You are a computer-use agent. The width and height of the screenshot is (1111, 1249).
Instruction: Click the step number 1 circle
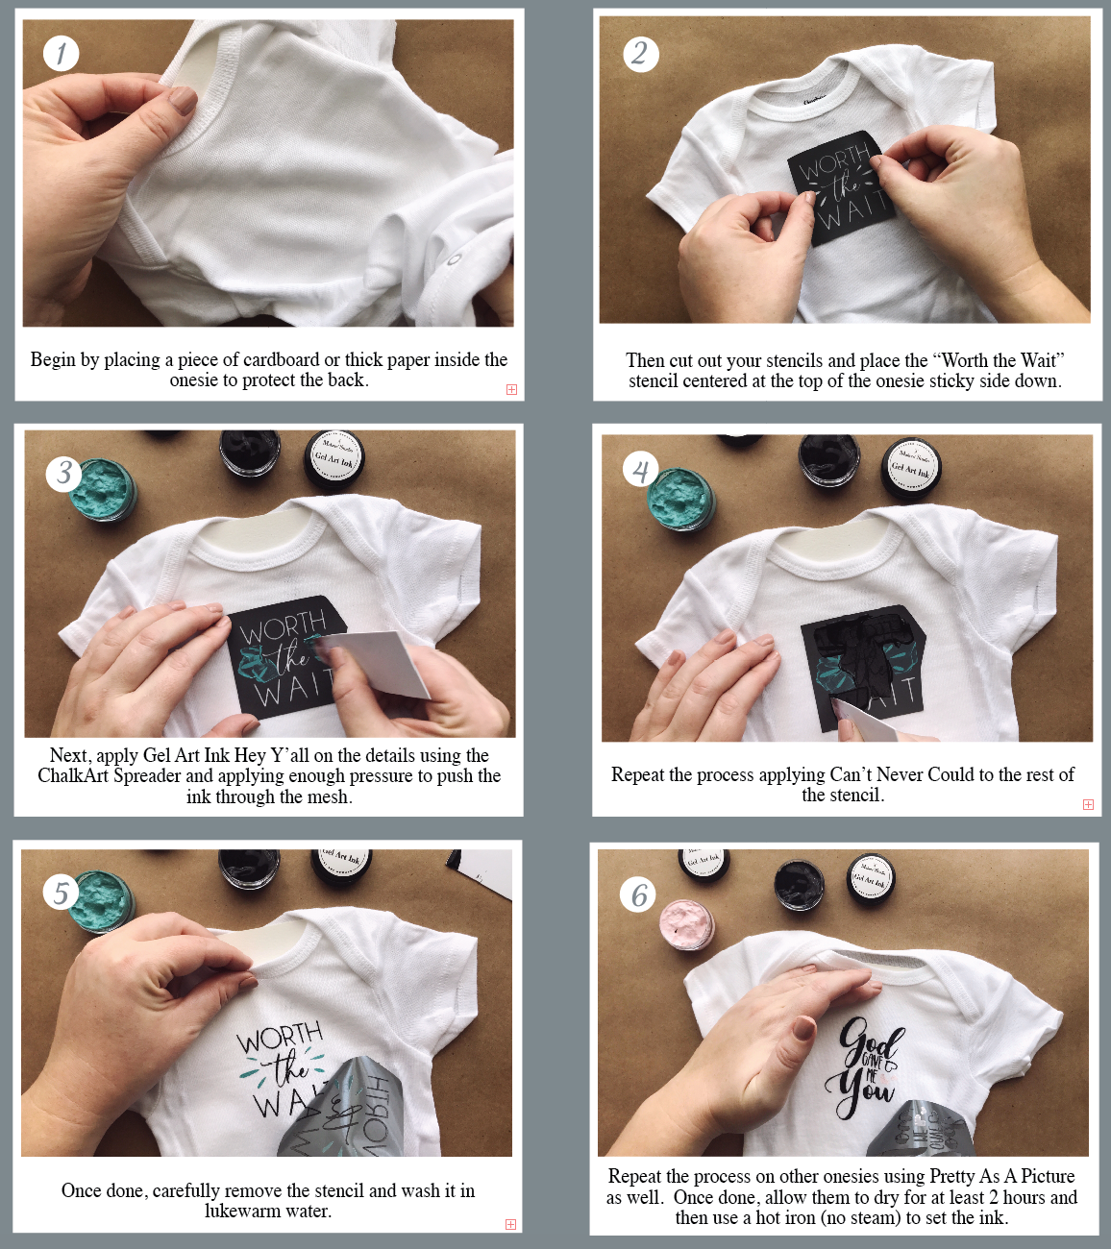pyautogui.click(x=61, y=53)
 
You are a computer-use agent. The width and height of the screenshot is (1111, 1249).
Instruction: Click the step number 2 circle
pyautogui.click(x=640, y=53)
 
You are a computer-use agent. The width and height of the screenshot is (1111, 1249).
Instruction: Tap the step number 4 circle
pyautogui.click(x=640, y=471)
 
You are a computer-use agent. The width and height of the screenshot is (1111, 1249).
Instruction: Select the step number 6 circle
pyautogui.click(x=638, y=895)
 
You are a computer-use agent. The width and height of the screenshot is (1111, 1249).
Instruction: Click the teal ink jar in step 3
pyautogui.click(x=105, y=489)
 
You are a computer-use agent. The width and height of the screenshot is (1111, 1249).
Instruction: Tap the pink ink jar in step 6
pyautogui.click(x=687, y=925)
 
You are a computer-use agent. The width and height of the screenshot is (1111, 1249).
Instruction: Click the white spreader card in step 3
pyautogui.click(x=378, y=663)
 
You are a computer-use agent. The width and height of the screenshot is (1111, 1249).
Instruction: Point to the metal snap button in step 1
pyautogui.click(x=455, y=260)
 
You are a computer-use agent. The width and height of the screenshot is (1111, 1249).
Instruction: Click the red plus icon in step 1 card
pyautogui.click(x=511, y=389)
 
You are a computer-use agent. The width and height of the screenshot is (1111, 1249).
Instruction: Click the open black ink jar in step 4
pyautogui.click(x=829, y=460)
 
